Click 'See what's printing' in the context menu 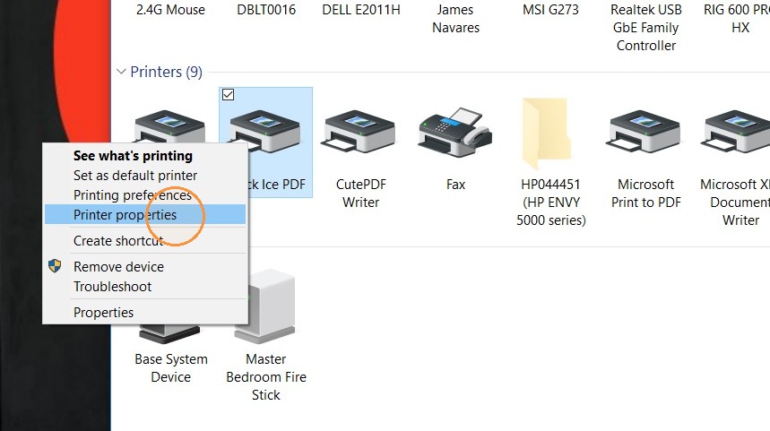133,156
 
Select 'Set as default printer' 135,176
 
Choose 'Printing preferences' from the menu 132,194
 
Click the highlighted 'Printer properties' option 125,214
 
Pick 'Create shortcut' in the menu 117,240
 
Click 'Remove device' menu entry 118,266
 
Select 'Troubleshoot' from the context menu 112,286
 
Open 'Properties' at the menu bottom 103,312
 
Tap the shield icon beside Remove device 55,266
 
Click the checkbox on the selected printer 228,94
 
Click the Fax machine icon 455,132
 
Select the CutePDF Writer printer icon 360,132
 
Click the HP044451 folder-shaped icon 545,133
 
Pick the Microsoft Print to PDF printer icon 645,132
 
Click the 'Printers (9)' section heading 166,73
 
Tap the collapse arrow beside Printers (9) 121,72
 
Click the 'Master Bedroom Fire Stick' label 265,377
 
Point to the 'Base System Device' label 171,368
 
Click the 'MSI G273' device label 550,10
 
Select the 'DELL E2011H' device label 361,10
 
